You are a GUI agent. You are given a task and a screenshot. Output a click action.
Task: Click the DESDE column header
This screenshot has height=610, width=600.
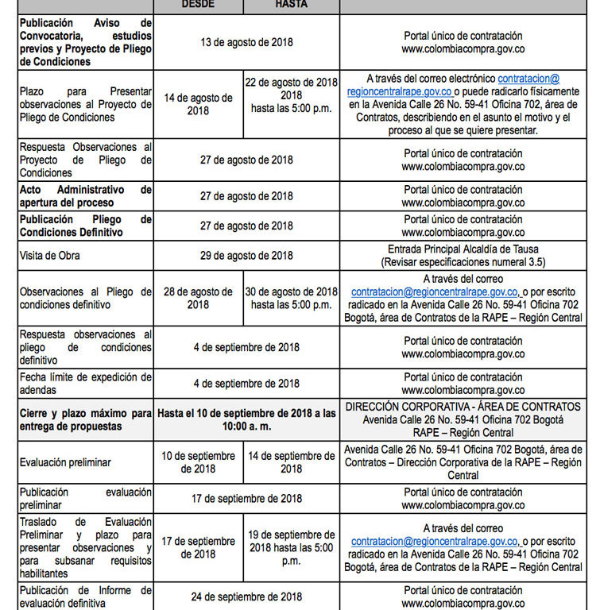tap(198, 4)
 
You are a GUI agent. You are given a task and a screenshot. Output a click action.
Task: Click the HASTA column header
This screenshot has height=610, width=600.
tap(292, 4)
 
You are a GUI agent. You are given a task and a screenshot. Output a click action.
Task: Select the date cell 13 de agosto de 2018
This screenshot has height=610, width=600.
tap(246, 42)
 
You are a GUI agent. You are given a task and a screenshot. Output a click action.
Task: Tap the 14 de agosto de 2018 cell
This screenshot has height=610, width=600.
tap(198, 105)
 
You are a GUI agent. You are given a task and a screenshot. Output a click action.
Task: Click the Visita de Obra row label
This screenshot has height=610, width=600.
tap(49, 256)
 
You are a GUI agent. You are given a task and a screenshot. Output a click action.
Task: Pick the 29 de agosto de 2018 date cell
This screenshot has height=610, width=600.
tap(246, 256)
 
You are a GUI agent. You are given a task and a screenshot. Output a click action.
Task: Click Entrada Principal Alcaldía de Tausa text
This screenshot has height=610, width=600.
tap(463, 249)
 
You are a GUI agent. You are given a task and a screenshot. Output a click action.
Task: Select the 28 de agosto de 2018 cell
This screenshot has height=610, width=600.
tap(198, 299)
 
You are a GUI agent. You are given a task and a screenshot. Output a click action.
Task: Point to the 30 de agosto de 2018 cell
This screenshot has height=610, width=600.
tap(292, 299)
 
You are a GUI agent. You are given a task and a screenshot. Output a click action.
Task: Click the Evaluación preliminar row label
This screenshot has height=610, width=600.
tap(65, 461)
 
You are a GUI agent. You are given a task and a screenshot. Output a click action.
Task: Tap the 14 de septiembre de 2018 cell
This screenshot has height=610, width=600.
tap(292, 462)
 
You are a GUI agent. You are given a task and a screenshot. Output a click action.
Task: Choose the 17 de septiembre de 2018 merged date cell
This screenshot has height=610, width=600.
tap(246, 499)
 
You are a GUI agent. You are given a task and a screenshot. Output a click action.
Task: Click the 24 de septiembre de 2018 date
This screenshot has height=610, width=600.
tap(246, 596)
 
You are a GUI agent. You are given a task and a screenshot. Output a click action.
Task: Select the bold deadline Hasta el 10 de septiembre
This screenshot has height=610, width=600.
tap(246, 419)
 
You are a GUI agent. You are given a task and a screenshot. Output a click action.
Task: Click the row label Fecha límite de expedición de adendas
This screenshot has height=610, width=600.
tap(86, 383)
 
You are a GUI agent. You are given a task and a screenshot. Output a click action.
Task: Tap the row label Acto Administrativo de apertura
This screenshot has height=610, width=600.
tap(86, 196)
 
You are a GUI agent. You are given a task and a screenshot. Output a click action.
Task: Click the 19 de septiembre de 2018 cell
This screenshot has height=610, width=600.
tap(292, 547)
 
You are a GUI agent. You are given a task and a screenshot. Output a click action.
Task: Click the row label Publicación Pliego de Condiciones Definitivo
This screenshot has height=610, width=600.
tap(86, 226)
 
